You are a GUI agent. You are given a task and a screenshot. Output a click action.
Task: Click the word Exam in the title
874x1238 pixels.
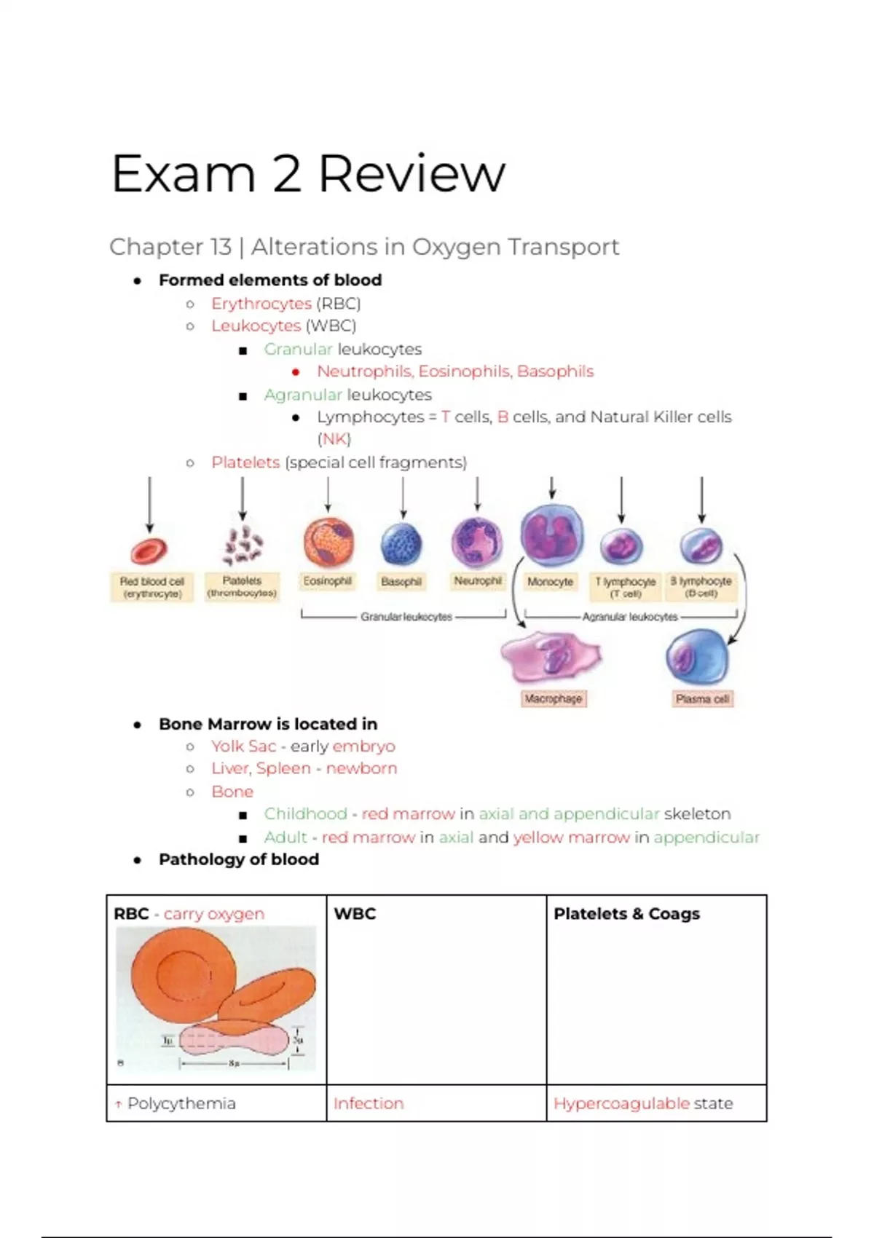pyautogui.click(x=183, y=174)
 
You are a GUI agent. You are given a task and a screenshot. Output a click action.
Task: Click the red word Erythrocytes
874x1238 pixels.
pyautogui.click(x=261, y=304)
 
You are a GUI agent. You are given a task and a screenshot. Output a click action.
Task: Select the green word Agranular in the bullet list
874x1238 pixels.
pyautogui.click(x=302, y=395)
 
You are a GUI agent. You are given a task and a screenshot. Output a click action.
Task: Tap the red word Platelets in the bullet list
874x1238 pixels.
pyautogui.click(x=245, y=462)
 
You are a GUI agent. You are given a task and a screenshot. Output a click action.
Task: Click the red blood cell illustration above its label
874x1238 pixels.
pyautogui.click(x=149, y=551)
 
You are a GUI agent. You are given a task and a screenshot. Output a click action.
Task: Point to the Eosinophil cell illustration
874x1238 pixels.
pyautogui.click(x=328, y=543)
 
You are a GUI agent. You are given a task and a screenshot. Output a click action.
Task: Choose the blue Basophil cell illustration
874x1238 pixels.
pyautogui.click(x=401, y=544)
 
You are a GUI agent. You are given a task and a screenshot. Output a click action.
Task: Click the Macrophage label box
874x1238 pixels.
pyautogui.click(x=554, y=699)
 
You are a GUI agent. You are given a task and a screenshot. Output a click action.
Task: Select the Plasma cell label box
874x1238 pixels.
pyautogui.click(x=702, y=699)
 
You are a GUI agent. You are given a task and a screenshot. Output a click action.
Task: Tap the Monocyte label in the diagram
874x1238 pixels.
pyautogui.click(x=550, y=582)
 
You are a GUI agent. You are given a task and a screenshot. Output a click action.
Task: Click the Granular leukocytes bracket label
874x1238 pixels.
pyautogui.click(x=406, y=617)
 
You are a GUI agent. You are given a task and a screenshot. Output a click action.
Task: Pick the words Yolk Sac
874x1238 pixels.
pyautogui.click(x=243, y=746)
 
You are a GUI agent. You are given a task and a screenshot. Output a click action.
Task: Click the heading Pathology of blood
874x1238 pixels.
pyautogui.click(x=238, y=859)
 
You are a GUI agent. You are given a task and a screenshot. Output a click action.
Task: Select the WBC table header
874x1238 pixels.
pyautogui.click(x=355, y=914)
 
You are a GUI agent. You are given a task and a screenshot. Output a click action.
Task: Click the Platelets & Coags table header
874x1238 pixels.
pyautogui.click(x=626, y=914)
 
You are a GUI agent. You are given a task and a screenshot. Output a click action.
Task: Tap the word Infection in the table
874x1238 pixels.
pyautogui.click(x=368, y=1103)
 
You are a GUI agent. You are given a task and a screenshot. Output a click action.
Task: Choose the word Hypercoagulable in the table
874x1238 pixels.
pyautogui.click(x=621, y=1103)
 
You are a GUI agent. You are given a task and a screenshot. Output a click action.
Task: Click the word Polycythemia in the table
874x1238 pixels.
pyautogui.click(x=181, y=1103)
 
